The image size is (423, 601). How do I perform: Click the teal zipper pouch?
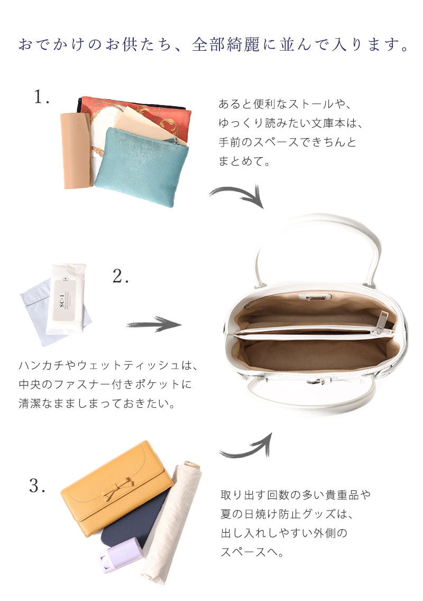tap(142, 166)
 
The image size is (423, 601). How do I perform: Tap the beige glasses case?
tap(76, 151)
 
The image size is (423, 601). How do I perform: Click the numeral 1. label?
tap(42, 97)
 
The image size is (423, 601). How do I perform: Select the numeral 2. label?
tap(121, 276)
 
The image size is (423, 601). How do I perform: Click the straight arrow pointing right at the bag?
tap(154, 324)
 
